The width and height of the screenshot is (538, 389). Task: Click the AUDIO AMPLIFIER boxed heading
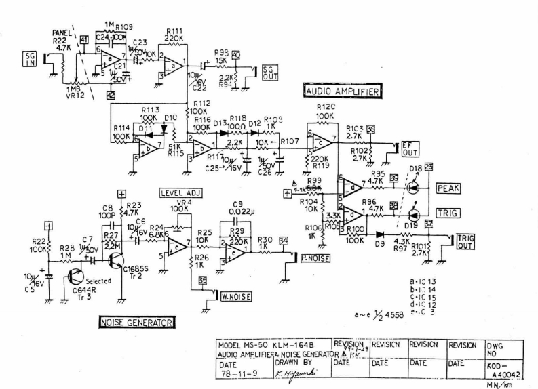point(341,91)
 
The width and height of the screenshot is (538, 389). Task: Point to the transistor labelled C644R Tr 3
point(79,277)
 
